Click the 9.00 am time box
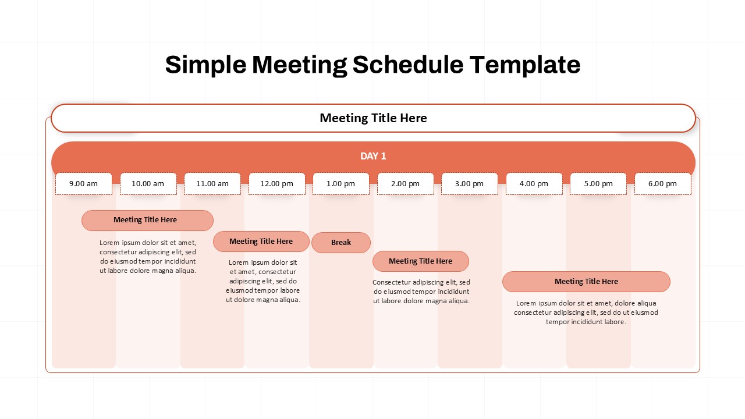tap(84, 184)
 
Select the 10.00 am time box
tap(148, 184)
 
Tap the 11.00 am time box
tap(212, 184)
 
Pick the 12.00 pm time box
tap(276, 184)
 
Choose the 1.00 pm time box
tap(341, 184)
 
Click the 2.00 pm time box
tap(405, 184)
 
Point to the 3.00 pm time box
tap(470, 184)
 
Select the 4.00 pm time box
tap(534, 184)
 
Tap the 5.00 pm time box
tap(598, 184)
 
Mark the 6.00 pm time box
tap(662, 184)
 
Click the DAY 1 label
tap(373, 156)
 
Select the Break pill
tap(341, 243)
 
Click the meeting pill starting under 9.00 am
tap(147, 221)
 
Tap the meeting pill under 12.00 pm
tap(261, 242)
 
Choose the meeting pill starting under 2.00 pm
tap(420, 261)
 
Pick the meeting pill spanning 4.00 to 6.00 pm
tap(586, 282)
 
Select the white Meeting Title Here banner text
tap(373, 118)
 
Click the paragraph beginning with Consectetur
tap(421, 292)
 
